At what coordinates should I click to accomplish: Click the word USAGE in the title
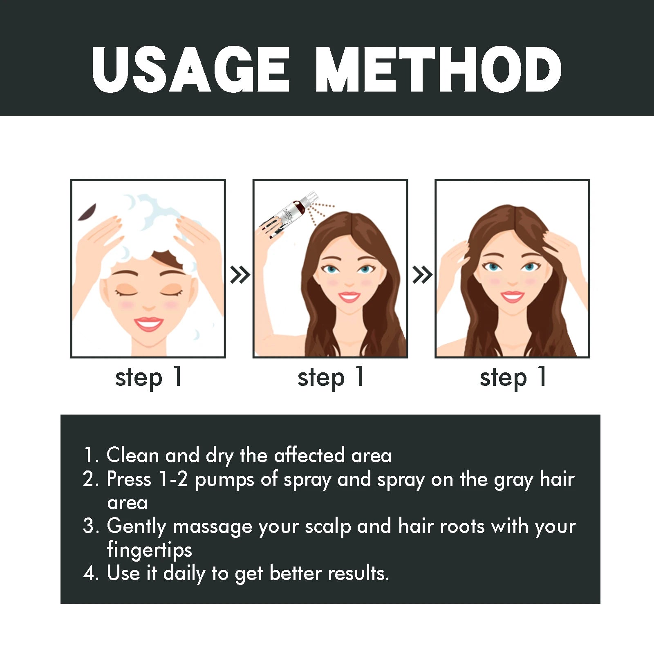coord(190,69)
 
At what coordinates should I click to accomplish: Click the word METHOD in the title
coord(438,69)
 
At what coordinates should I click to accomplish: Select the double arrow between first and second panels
coord(240,275)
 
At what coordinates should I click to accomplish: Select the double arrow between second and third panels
coord(422,275)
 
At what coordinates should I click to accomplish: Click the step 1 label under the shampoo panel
coord(148,377)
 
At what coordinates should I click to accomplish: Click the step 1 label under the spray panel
coord(330,377)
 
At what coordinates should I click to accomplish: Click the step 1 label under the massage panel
coord(513,377)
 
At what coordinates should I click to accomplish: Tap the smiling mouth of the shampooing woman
coord(148,324)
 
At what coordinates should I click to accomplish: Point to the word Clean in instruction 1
coord(132,455)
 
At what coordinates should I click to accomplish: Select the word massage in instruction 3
coord(212,526)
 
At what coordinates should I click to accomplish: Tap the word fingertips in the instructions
coord(149,550)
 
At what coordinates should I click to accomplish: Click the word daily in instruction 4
coord(184,573)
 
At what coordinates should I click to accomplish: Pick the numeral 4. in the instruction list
coord(90,573)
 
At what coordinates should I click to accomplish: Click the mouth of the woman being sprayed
coord(349,296)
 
